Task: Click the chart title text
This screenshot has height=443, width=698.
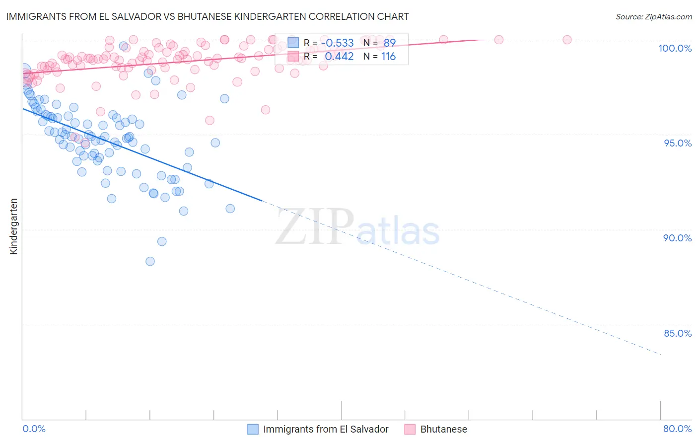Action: pyautogui.click(x=208, y=16)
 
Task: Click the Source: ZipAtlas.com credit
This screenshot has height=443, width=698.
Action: pyautogui.click(x=653, y=17)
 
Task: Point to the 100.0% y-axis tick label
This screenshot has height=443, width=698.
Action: pyautogui.click(x=675, y=48)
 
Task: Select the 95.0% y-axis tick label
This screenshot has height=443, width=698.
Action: pyautogui.click(x=678, y=143)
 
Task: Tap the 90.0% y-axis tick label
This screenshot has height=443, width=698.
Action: pyautogui.click(x=677, y=238)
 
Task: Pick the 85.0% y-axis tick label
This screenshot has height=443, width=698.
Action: pyautogui.click(x=678, y=333)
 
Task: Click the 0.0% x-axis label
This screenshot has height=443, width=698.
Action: pyautogui.click(x=34, y=429)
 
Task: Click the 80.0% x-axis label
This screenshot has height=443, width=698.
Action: pyautogui.click(x=677, y=429)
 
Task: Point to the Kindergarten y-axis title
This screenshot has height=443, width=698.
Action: pyautogui.click(x=13, y=226)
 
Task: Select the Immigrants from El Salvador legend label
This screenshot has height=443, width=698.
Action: pyautogui.click(x=326, y=429)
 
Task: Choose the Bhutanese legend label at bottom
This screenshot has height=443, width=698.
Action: pyautogui.click(x=443, y=429)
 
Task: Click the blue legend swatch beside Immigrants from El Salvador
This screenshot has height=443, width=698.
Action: pyautogui.click(x=253, y=429)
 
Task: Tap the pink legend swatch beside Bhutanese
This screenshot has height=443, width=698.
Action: pyautogui.click(x=410, y=429)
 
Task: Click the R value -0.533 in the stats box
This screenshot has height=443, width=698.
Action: pyautogui.click(x=337, y=43)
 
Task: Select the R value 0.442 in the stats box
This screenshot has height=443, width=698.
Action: pyautogui.click(x=339, y=57)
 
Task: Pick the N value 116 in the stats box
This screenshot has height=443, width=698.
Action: pyautogui.click(x=388, y=57)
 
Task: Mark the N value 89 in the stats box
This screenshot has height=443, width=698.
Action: pyautogui.click(x=389, y=43)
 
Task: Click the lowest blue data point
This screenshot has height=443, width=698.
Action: pyautogui.click(x=150, y=261)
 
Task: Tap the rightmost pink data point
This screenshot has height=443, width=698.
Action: pyautogui.click(x=567, y=40)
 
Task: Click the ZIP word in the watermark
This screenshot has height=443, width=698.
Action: pyautogui.click(x=315, y=227)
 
